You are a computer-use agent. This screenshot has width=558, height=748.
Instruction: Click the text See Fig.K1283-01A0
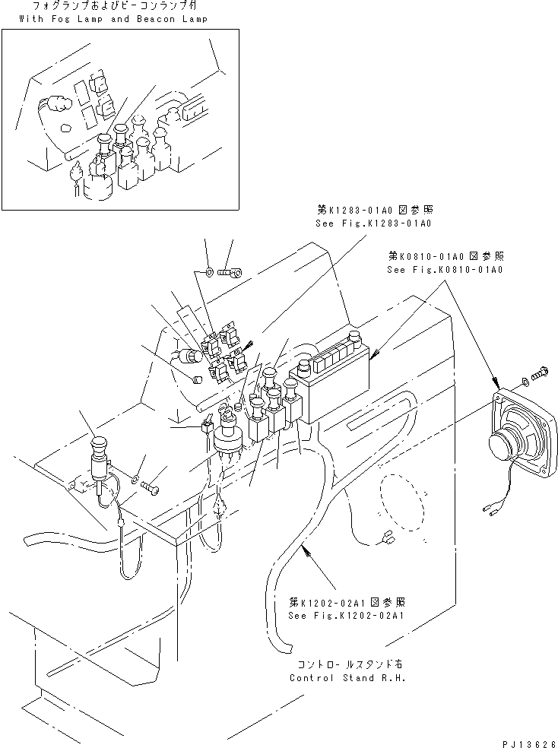pos(373,223)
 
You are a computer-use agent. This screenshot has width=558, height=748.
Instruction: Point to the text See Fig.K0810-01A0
pos(445,269)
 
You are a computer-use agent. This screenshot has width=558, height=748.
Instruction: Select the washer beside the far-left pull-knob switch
pos(135,478)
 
